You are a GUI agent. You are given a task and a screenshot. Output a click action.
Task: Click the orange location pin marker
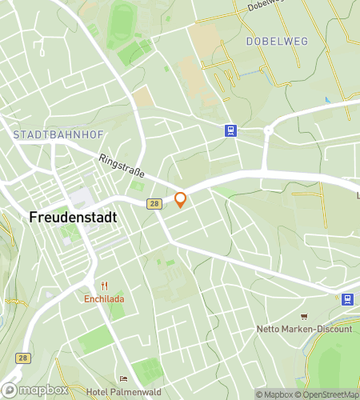click(181, 200)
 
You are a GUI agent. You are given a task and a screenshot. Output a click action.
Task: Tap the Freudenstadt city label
click(73, 217)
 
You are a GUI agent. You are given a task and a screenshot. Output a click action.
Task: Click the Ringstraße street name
click(121, 170)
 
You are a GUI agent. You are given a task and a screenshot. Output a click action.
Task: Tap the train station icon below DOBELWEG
click(230, 131)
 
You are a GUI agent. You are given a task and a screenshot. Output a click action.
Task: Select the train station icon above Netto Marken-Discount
click(347, 299)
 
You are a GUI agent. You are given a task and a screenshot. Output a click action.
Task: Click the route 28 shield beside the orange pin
click(152, 205)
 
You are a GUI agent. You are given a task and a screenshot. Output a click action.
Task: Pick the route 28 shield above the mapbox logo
click(24, 358)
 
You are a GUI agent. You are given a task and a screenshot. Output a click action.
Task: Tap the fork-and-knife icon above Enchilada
click(104, 286)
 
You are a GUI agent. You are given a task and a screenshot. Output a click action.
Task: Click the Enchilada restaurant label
click(104, 300)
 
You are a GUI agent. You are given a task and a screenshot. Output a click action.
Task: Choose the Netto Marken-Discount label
click(304, 329)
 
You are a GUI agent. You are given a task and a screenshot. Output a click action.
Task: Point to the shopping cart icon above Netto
click(304, 317)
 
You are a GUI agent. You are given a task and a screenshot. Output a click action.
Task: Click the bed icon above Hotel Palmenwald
click(122, 379)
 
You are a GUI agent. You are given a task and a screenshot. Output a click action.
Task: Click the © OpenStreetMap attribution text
click(327, 394)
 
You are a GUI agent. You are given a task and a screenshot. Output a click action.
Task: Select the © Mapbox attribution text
click(274, 394)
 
